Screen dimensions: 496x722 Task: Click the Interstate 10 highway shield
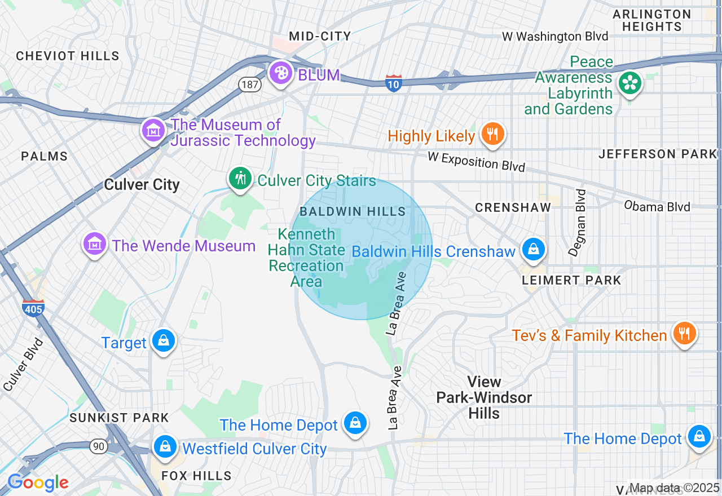[393, 83]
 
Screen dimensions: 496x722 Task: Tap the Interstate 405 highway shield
[33, 308]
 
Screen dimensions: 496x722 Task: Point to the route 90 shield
[99, 446]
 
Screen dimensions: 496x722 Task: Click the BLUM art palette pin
[280, 73]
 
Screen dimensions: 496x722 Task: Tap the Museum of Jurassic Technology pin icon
[153, 130]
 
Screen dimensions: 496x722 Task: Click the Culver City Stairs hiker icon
[240, 178]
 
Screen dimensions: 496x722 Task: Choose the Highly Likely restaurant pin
[493, 134]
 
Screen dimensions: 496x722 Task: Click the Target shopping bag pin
[164, 341]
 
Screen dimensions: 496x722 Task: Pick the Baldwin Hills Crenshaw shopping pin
[533, 249]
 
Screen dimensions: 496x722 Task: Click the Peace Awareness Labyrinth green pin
[629, 83]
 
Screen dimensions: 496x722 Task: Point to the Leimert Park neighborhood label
[571, 280]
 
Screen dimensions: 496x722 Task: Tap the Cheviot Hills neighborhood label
[68, 56]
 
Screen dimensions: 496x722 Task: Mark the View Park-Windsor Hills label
[484, 397]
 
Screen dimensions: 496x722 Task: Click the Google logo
[37, 483]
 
